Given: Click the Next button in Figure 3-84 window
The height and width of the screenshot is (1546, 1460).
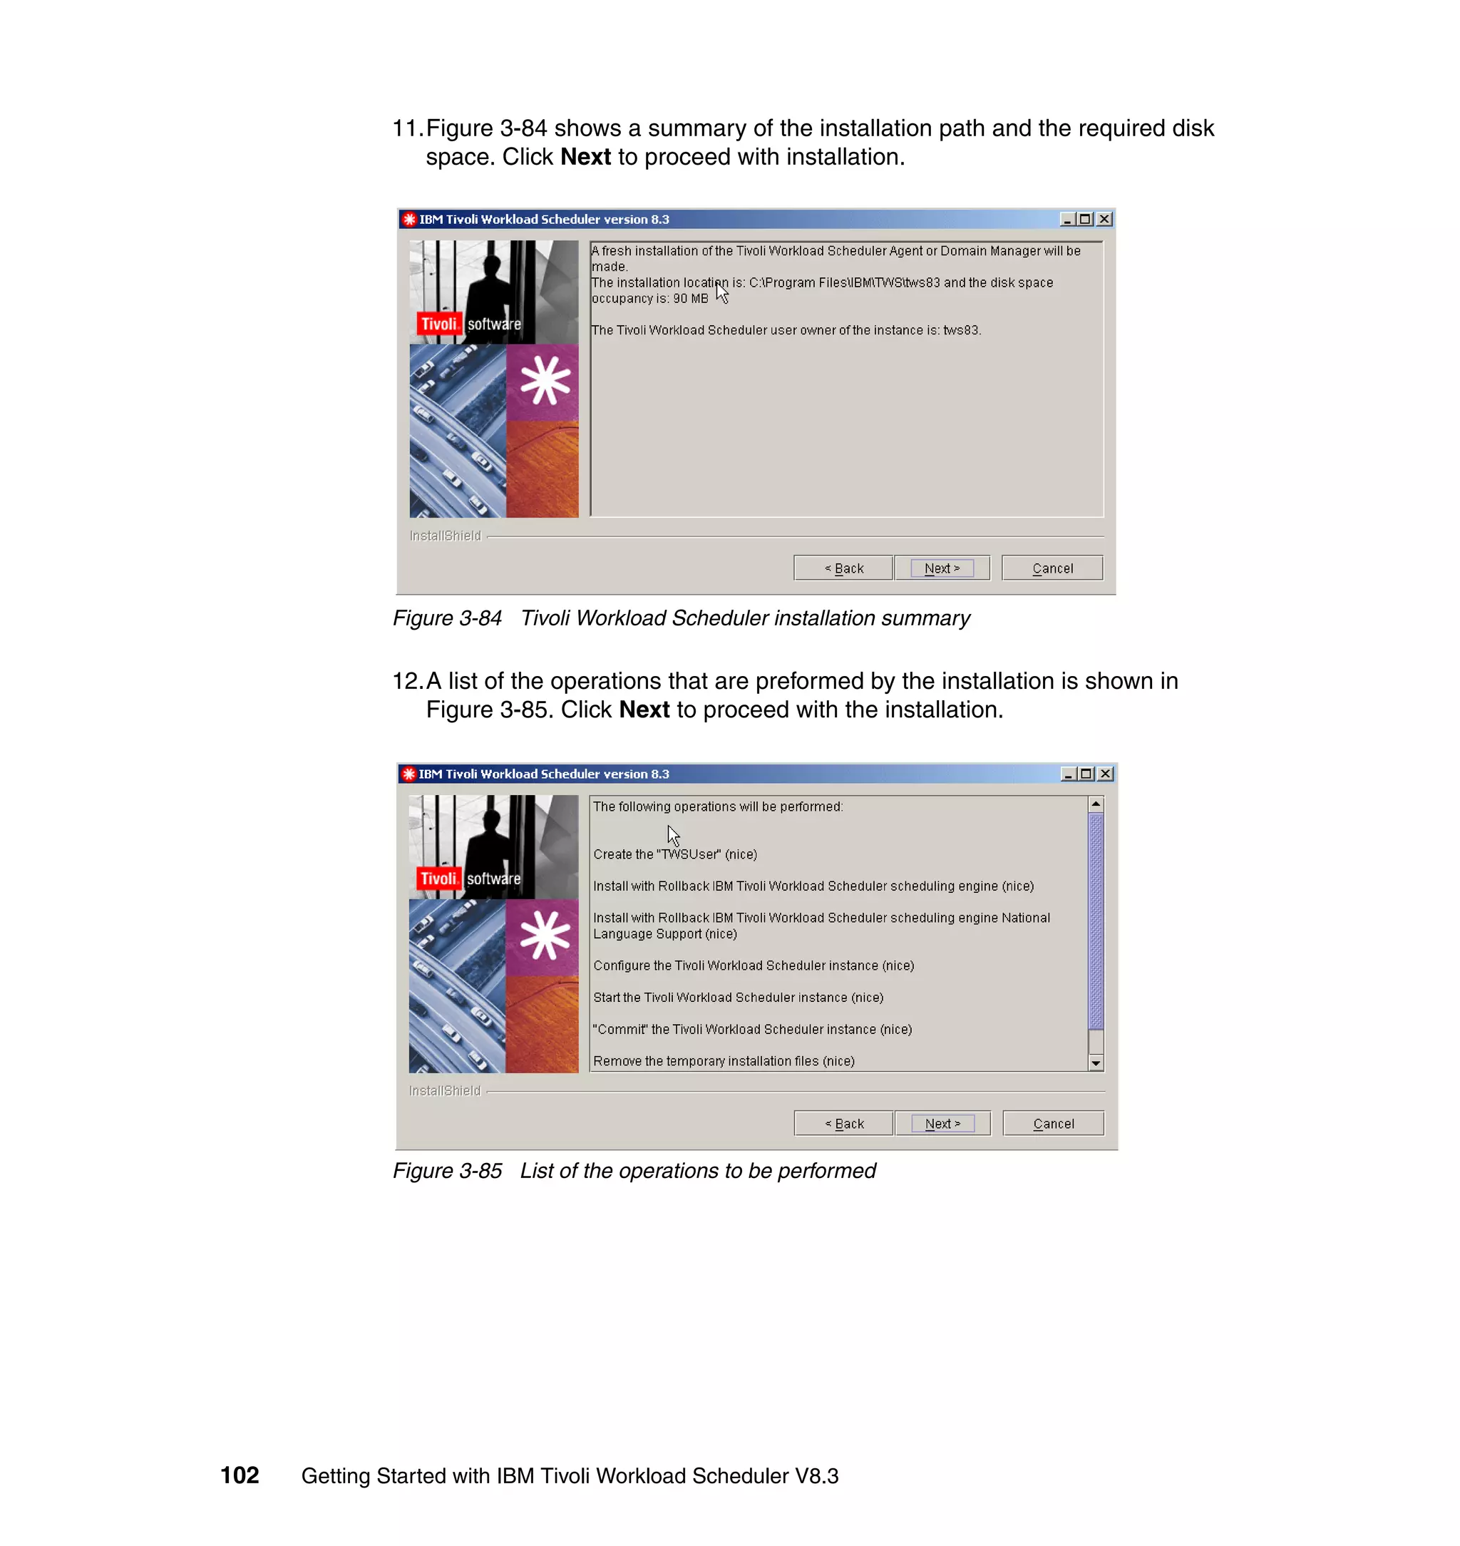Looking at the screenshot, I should click(x=942, y=568).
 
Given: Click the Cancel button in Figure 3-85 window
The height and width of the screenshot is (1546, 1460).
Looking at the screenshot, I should click(x=1053, y=1123).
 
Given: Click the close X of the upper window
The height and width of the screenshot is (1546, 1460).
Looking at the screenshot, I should click(x=1104, y=220).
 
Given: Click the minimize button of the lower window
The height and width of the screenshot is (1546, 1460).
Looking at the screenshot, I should click(x=1068, y=774).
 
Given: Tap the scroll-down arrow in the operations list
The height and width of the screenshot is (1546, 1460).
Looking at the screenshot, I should click(x=1096, y=1063).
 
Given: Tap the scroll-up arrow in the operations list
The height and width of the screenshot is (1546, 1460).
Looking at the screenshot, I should click(x=1096, y=804).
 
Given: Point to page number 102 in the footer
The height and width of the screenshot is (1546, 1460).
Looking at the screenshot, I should click(x=240, y=1475).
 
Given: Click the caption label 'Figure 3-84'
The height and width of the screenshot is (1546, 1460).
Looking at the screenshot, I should click(x=447, y=618).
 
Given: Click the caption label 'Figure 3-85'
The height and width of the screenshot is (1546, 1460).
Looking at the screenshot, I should click(x=447, y=1171).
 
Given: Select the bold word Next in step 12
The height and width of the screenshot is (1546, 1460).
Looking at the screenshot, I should click(x=644, y=710).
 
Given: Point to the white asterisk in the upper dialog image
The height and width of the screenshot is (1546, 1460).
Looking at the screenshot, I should click(x=545, y=381).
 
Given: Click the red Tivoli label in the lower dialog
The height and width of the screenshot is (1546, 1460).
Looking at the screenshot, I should click(x=438, y=879).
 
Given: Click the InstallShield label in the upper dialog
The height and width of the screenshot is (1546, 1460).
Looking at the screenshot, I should click(x=445, y=536).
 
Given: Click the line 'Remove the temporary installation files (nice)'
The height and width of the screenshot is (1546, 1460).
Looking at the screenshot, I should click(x=723, y=1061).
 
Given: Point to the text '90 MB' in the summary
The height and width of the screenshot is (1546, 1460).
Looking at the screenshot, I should click(x=690, y=299).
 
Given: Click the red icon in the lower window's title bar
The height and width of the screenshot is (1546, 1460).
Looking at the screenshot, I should click(x=408, y=774).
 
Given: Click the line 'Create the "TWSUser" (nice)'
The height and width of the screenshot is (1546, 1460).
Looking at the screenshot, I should click(x=674, y=854).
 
